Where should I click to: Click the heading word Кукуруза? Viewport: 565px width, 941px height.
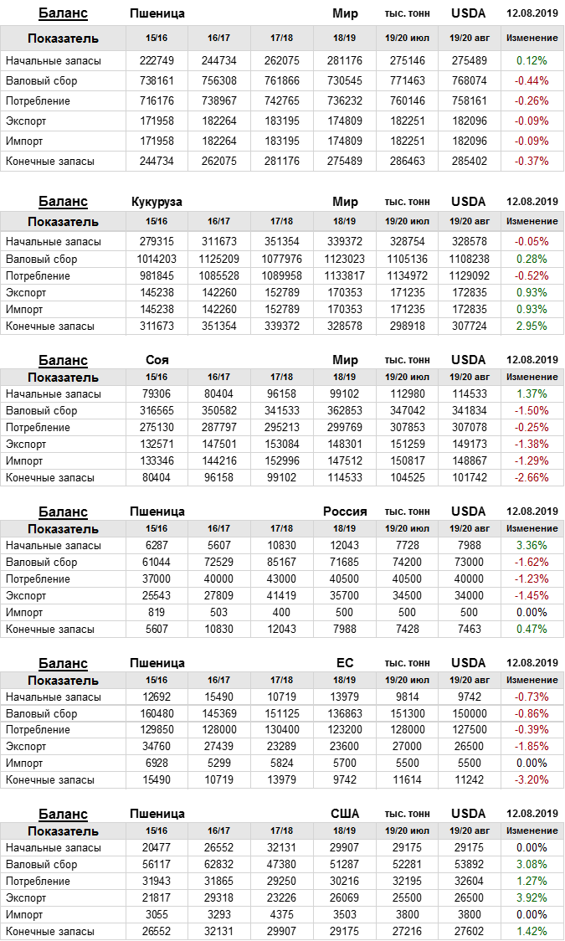pyautogui.click(x=157, y=202)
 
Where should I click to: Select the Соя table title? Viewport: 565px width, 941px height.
pyautogui.click(x=157, y=360)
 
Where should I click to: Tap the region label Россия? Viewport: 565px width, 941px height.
pyautogui.click(x=345, y=512)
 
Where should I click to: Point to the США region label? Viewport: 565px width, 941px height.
pyautogui.click(x=345, y=814)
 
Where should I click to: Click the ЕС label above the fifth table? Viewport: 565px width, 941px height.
pyautogui.click(x=345, y=663)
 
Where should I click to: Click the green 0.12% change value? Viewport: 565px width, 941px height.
pyautogui.click(x=532, y=60)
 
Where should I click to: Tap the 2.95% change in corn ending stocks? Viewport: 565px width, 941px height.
pyautogui.click(x=532, y=326)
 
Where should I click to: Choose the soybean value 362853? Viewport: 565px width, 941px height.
pyautogui.click(x=345, y=410)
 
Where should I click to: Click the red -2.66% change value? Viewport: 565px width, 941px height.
pyautogui.click(x=532, y=477)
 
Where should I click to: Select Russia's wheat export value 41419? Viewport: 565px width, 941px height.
pyautogui.click(x=282, y=595)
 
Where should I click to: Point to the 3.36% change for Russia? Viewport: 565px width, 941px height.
pyautogui.click(x=532, y=545)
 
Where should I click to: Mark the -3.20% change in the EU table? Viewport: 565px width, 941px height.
pyautogui.click(x=532, y=779)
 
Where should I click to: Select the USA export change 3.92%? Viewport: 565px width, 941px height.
pyautogui.click(x=532, y=897)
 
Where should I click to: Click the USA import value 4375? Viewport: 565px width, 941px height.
pyautogui.click(x=282, y=914)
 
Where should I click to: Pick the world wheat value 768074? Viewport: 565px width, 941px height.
pyautogui.click(x=469, y=80)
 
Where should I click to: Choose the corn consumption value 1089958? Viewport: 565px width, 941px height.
pyautogui.click(x=282, y=275)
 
